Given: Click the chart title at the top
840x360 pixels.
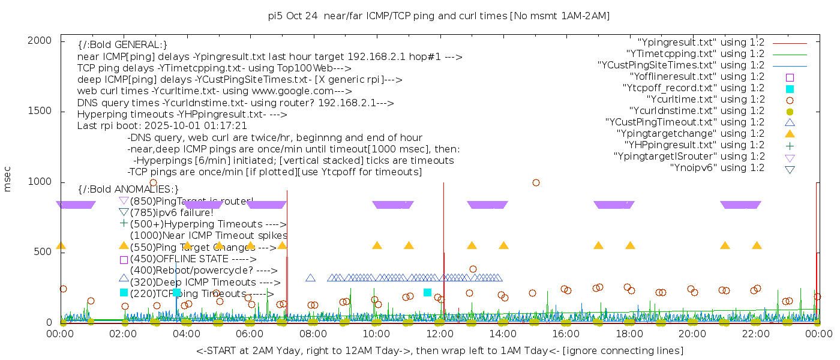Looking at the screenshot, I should coord(439,16).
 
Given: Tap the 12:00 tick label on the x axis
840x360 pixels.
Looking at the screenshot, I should coord(440,333).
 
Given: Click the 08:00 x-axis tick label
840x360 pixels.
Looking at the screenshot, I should coord(313,333).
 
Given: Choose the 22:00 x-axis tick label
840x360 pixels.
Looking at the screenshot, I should coord(755,333).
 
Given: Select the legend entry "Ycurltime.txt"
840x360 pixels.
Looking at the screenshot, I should coord(705,100).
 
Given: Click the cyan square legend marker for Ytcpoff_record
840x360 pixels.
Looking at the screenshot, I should coord(790,89).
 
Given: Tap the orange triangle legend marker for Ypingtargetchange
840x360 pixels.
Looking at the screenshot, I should coord(790,134).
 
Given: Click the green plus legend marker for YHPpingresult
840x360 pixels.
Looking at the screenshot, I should coord(790,145).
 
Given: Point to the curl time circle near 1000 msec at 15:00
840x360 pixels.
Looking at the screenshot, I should coord(536,182).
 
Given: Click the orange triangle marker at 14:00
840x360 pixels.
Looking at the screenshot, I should coord(503,245).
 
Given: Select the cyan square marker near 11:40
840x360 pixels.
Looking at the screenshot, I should coord(427,292).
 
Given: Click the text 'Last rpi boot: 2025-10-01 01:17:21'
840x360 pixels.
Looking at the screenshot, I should coord(162,126).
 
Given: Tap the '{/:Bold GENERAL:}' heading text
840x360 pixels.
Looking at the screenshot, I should coord(122,45).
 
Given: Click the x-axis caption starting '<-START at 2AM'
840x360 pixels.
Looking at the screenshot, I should coord(439,350).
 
